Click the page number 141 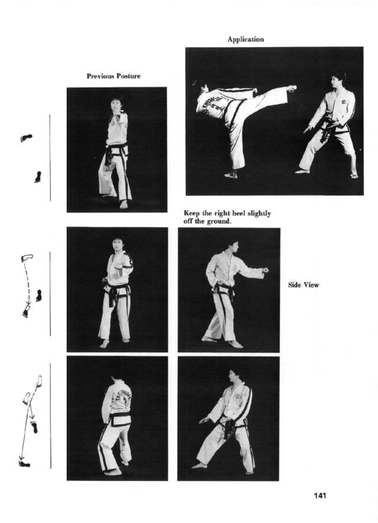pyautogui.click(x=320, y=496)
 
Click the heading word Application pyautogui.click(x=246, y=39)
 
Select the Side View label pyautogui.click(x=303, y=285)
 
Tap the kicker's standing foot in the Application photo pyautogui.click(x=231, y=175)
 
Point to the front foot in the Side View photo pyautogui.click(x=235, y=344)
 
